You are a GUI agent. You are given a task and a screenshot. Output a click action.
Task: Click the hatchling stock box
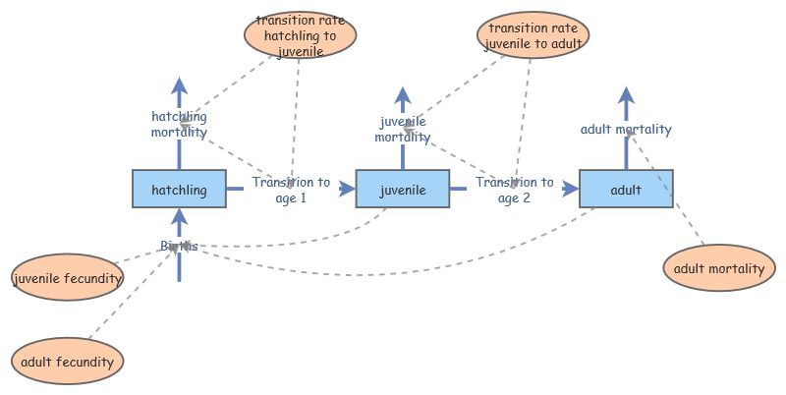pyautogui.click(x=179, y=189)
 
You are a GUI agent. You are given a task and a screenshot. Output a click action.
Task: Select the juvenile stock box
pyautogui.click(x=402, y=189)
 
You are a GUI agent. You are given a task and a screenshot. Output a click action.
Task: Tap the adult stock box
pyautogui.click(x=626, y=189)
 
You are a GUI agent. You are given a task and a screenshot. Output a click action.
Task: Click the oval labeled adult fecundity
pyautogui.click(x=68, y=362)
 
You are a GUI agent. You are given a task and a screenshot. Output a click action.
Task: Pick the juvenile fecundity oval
pyautogui.click(x=68, y=279)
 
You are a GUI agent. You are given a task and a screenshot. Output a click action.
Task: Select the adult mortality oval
pyautogui.click(x=719, y=269)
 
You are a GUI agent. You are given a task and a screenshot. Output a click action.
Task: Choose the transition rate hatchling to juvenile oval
pyautogui.click(x=300, y=35)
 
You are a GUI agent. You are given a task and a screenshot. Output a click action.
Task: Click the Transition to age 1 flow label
pyautogui.click(x=291, y=190)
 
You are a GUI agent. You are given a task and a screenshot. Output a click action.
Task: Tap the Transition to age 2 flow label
pyautogui.click(x=514, y=190)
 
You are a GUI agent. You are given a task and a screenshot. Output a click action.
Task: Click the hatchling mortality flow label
pyautogui.click(x=179, y=124)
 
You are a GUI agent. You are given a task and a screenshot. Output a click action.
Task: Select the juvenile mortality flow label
pyautogui.click(x=402, y=130)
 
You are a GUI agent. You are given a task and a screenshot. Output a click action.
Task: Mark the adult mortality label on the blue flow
pyautogui.click(x=626, y=129)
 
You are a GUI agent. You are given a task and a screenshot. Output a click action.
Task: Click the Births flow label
pyautogui.click(x=179, y=246)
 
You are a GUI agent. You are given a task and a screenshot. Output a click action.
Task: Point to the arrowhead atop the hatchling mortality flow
pyautogui.click(x=179, y=85)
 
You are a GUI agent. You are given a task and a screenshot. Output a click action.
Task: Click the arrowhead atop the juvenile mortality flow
pyautogui.click(x=402, y=96)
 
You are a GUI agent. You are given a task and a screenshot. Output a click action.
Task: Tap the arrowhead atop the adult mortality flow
pyautogui.click(x=626, y=95)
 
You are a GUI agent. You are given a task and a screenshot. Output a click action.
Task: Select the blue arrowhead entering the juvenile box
pyautogui.click(x=347, y=189)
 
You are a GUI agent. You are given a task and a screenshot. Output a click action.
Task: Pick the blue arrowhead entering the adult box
pyautogui.click(x=571, y=189)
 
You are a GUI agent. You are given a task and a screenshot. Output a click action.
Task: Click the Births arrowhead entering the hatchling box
pyautogui.click(x=179, y=216)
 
